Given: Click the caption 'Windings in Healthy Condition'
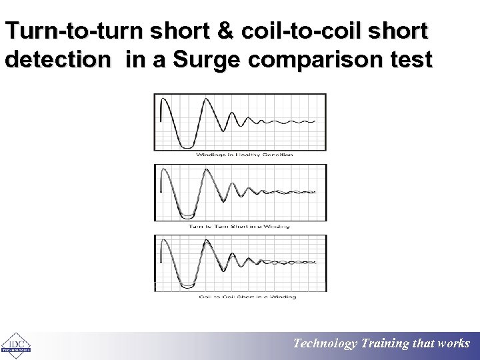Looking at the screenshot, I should coord(244,155).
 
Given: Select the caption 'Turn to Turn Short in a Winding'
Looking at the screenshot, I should coord(239,226).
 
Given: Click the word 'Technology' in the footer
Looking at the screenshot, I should coord(326,344).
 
